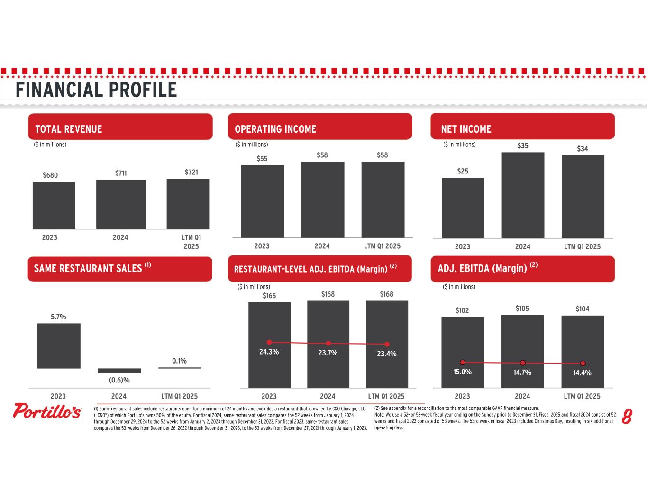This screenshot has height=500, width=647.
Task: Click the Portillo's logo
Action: (47, 411)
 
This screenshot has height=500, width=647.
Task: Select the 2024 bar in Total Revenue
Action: (121, 204)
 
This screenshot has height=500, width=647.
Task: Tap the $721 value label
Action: (191, 173)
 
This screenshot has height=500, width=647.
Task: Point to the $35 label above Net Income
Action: (523, 146)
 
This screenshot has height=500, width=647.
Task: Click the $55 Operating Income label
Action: (262, 159)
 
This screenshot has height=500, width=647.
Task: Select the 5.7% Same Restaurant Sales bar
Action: (59, 345)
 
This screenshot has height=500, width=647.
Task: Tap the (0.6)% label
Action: (119, 380)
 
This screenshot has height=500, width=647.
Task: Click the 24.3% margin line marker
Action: (269, 342)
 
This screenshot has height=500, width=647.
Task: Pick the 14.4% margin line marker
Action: (583, 364)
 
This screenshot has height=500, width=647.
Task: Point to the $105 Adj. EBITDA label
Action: (522, 309)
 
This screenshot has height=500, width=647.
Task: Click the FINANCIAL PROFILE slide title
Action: (96, 90)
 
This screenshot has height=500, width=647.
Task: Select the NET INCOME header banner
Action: (522, 127)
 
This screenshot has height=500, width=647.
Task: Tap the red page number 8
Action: (627, 418)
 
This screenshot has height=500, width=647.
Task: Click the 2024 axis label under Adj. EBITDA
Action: (522, 396)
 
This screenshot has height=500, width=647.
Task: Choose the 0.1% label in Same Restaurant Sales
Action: (179, 361)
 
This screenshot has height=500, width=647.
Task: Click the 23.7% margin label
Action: (328, 353)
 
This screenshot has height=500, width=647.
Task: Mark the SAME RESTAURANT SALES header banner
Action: (119, 269)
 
